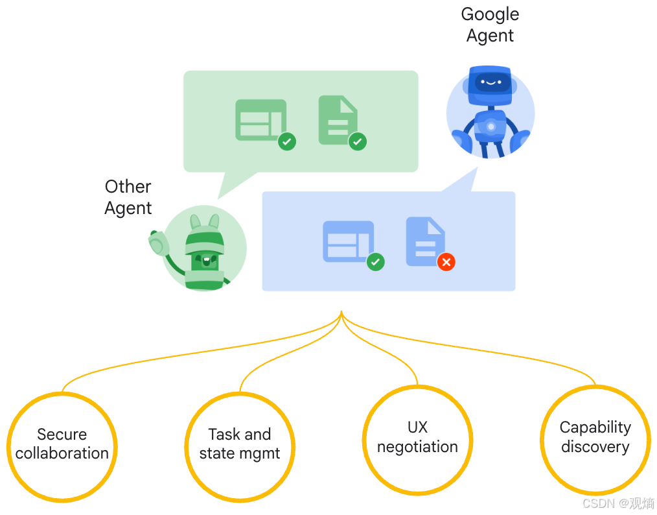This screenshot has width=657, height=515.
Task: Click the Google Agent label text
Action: point(490,25)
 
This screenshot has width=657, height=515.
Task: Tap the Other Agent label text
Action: point(128,197)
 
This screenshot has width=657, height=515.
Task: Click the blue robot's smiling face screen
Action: point(490,82)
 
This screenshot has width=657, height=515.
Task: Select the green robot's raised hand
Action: point(157,244)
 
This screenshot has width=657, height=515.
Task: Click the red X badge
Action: point(446,262)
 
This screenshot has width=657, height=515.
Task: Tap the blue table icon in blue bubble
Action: point(348,241)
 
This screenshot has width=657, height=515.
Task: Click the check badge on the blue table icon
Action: point(376,262)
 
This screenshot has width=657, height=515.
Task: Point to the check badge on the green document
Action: point(358,141)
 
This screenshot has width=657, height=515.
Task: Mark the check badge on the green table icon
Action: point(287,141)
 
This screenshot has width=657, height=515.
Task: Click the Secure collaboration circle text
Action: point(62,444)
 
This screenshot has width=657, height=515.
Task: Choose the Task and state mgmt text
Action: point(240,444)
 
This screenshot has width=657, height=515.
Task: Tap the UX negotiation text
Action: point(417,437)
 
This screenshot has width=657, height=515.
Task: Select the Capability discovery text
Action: point(595,437)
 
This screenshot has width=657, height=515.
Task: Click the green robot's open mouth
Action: point(206,261)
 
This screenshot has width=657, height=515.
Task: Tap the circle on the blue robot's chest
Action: point(491,126)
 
